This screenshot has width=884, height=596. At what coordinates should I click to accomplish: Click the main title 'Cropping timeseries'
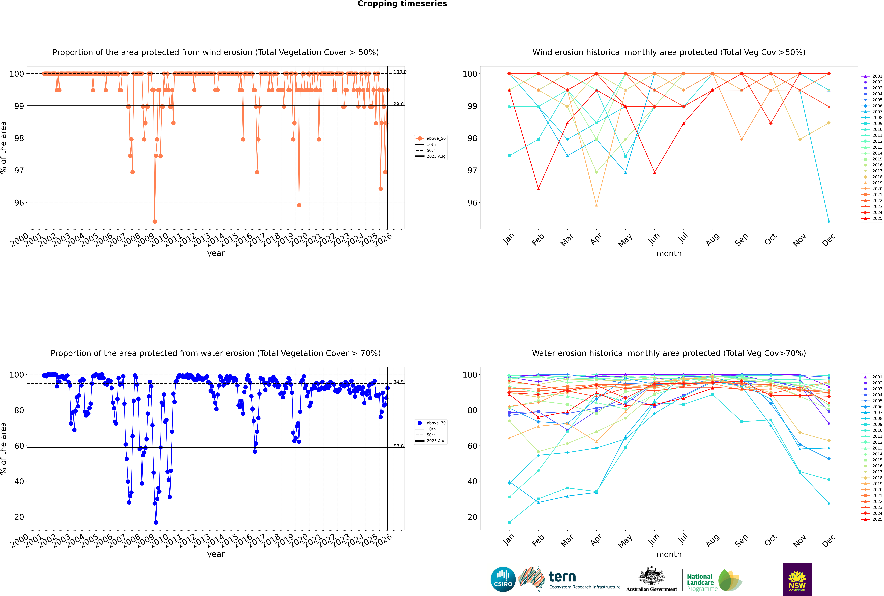click(402, 4)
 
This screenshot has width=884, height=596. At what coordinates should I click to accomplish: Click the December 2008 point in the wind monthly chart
click(829, 222)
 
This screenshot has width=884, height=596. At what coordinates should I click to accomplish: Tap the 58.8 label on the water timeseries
click(398, 446)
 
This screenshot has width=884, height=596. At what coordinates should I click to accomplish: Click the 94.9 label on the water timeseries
click(398, 382)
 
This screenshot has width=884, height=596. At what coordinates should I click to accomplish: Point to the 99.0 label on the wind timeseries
click(398, 104)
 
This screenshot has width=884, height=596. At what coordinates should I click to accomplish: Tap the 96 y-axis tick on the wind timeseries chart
click(19, 203)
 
